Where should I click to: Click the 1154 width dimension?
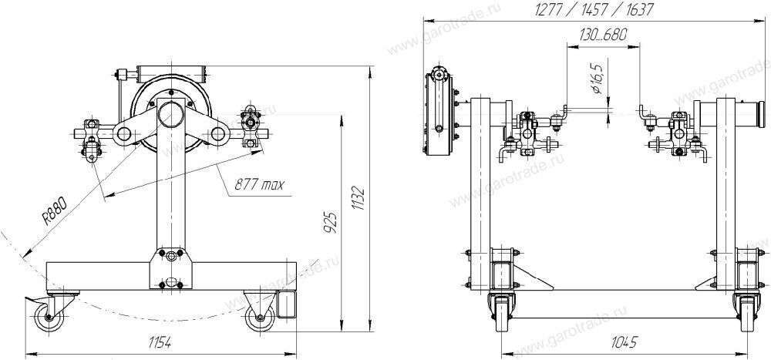(x=160, y=343)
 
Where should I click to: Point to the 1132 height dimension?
(x=360, y=199)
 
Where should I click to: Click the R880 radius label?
(x=54, y=210)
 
